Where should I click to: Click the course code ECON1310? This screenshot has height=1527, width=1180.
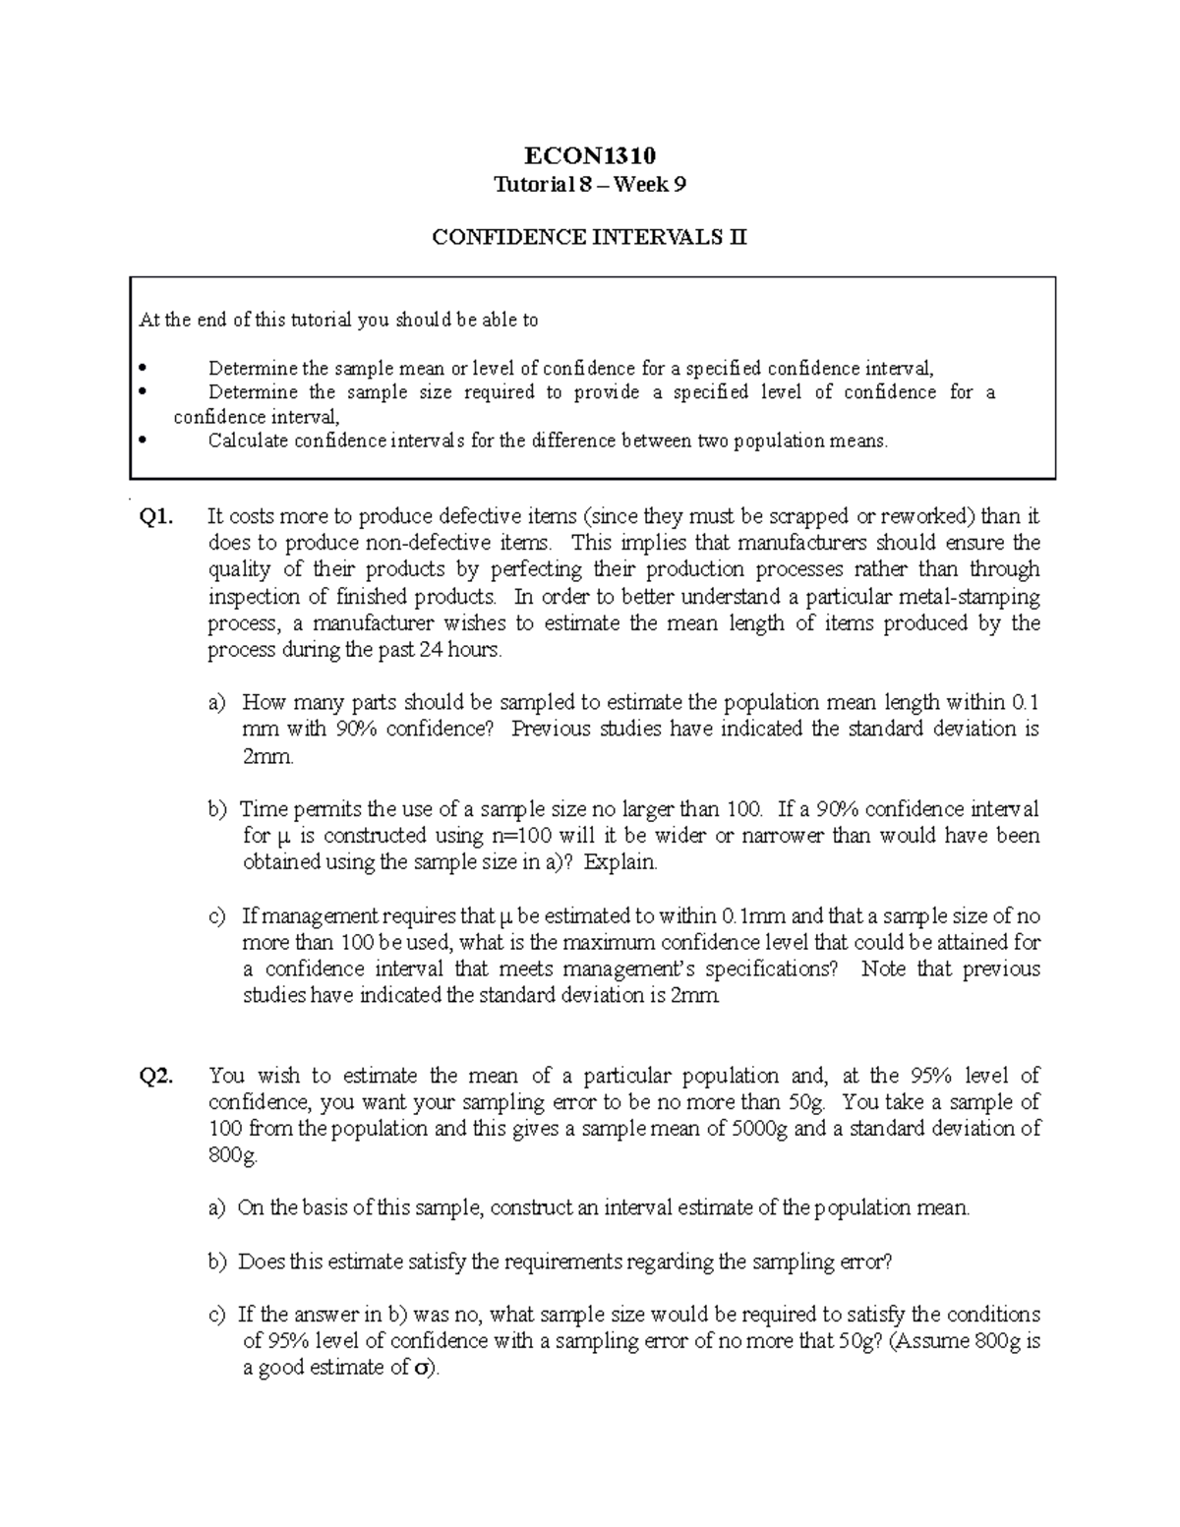click(x=589, y=155)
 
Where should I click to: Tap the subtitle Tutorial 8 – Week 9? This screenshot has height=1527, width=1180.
click(x=589, y=184)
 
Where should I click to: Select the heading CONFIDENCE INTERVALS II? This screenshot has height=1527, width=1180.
click(x=589, y=237)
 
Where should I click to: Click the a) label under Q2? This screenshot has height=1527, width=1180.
click(x=216, y=1208)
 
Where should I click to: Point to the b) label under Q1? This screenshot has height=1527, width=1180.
click(x=216, y=810)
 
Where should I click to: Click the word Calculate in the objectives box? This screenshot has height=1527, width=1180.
click(x=247, y=440)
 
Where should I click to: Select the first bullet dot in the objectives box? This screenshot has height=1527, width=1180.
click(x=143, y=369)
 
